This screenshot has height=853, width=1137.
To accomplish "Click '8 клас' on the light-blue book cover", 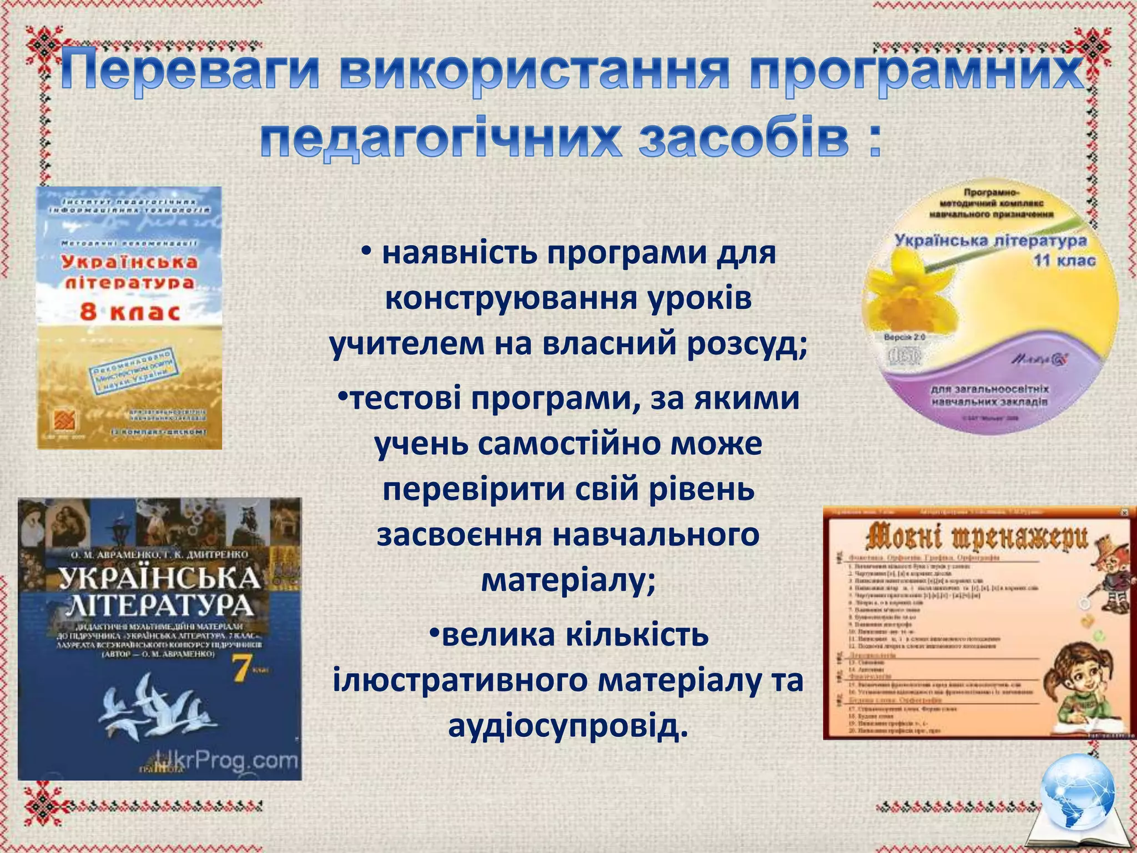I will click(130, 312).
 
